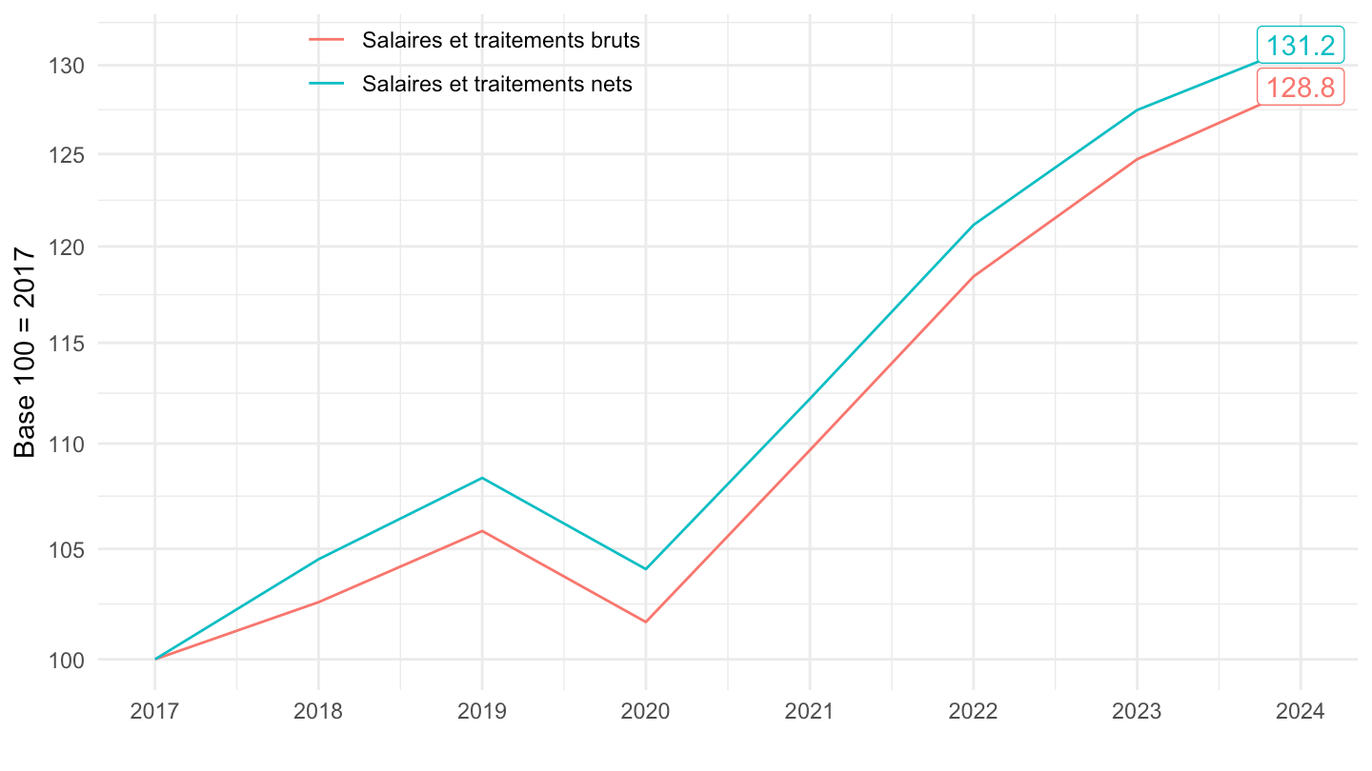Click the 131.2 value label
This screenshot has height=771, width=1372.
pos(1301,46)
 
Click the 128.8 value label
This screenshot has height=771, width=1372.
pos(1301,88)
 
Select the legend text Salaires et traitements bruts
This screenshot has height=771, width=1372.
pos(500,41)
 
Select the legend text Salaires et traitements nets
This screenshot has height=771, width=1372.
pos(496,84)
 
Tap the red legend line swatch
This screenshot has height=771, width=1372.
pos(327,41)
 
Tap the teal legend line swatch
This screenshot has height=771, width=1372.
pos(327,84)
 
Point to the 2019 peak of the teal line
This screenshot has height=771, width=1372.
pos(482,478)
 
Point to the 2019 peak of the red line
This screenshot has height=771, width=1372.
pos(482,530)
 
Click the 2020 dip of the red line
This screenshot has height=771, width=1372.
pos(646,622)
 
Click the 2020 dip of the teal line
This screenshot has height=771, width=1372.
pos(646,569)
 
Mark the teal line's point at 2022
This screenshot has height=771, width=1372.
pos(973,225)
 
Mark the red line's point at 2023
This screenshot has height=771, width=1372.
pos(1137,159)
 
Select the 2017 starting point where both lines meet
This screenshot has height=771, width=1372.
pos(155,659)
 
